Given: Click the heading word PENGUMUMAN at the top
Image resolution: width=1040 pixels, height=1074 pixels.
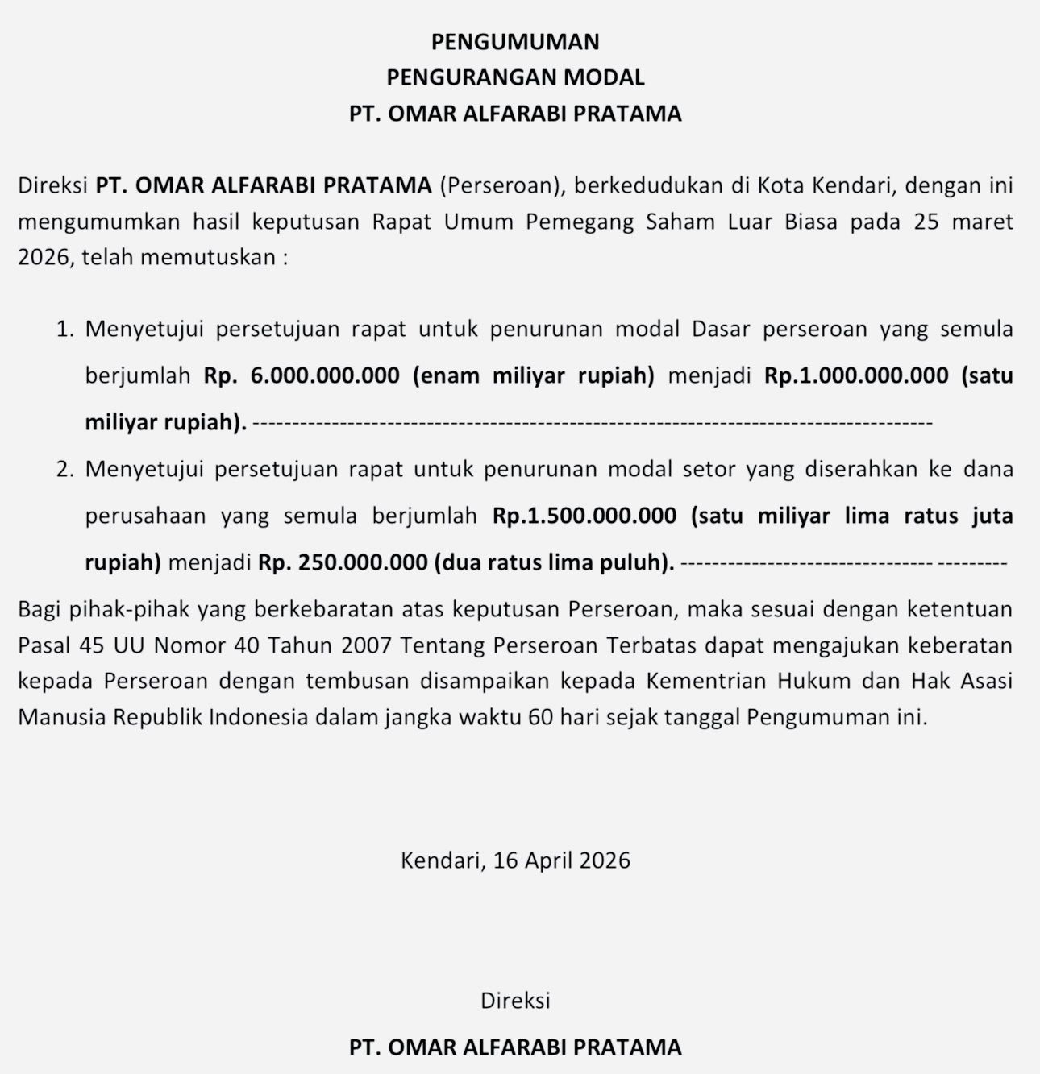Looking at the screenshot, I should click(515, 41).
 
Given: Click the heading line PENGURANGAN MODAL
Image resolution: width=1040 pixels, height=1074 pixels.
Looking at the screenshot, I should click(515, 77).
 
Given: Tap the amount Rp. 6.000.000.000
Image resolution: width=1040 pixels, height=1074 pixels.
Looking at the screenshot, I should click(302, 375).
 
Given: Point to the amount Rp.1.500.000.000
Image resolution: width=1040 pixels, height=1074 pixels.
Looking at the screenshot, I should click(584, 516).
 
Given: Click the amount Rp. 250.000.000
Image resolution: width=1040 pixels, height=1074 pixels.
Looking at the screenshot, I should click(343, 562).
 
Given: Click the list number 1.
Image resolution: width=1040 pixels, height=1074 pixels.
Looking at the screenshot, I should click(65, 330).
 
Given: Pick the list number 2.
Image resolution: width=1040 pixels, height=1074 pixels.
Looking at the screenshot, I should click(65, 470).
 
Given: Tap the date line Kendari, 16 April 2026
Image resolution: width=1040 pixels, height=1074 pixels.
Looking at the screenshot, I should click(515, 860).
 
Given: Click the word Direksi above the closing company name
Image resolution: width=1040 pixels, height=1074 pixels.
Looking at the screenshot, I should click(515, 1001).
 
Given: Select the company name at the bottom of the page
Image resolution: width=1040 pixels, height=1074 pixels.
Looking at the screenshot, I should click(515, 1047).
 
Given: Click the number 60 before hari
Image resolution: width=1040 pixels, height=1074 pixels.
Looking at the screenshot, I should click(541, 717).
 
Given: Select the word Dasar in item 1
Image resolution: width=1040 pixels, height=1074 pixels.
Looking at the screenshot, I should click(721, 330).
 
